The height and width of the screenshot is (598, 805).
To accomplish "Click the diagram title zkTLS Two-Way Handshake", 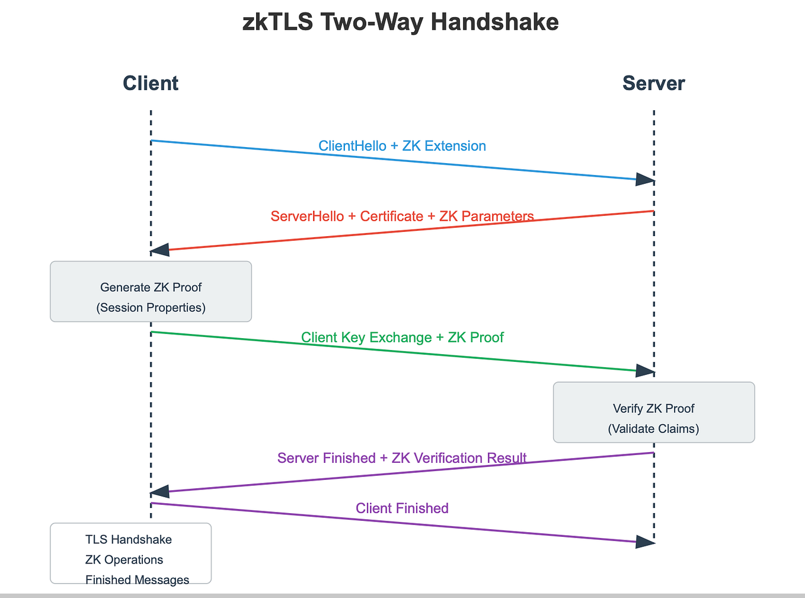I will [401, 23].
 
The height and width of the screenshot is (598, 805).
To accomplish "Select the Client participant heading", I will [151, 84].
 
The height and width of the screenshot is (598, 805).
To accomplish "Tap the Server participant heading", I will [653, 84].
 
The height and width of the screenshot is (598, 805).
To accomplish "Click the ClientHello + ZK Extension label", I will [402, 146].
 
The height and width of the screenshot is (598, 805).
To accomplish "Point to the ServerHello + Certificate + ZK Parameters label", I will [402, 216].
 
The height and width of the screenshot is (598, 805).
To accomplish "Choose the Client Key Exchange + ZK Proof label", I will [402, 338].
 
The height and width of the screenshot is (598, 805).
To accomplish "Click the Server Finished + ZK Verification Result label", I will [402, 458].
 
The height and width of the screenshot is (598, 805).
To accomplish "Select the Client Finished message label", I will [402, 508].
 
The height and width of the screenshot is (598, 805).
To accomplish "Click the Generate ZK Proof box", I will [151, 291].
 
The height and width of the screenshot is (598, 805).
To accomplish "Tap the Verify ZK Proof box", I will [653, 412].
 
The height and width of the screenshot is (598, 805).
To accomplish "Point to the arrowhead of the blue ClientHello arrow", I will [645, 179].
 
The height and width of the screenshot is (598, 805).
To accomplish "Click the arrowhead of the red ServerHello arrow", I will [160, 250].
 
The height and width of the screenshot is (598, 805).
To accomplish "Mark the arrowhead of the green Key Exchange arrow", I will [645, 371].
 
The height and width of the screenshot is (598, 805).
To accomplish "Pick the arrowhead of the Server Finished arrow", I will [160, 492].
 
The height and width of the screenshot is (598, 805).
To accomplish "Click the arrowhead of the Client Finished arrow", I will [645, 541].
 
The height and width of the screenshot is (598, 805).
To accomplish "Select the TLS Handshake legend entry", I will [129, 540].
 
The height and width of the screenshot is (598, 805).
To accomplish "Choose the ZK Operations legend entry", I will [124, 560].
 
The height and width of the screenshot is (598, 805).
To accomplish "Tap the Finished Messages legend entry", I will [137, 580].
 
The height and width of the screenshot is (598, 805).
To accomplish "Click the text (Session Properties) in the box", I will [151, 307].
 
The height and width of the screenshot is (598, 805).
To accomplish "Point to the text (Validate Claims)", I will [653, 428].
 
